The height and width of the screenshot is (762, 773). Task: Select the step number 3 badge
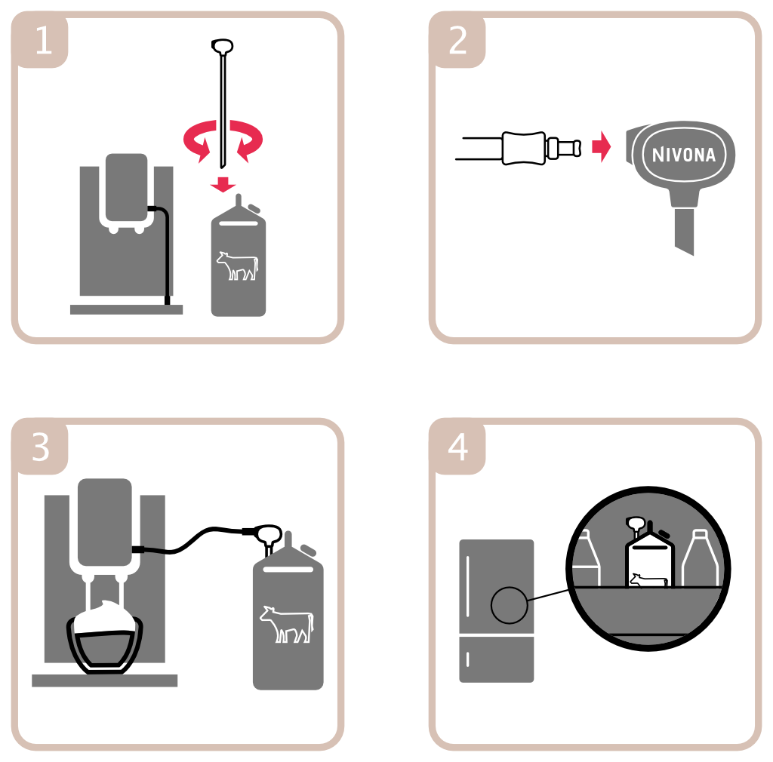(41, 447)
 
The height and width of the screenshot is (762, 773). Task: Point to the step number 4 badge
(458, 447)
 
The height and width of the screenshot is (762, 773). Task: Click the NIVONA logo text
(684, 155)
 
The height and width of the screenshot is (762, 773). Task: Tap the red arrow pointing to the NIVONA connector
(602, 146)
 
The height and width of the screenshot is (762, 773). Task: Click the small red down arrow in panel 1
(223, 184)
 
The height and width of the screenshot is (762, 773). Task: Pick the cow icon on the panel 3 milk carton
(287, 624)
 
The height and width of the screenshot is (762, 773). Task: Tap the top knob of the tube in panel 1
(223, 46)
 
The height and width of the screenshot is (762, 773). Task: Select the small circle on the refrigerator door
(510, 605)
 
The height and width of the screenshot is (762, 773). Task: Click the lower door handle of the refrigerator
(467, 659)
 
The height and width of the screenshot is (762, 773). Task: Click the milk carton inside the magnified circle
(649, 560)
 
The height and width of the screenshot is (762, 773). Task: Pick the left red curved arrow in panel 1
(199, 140)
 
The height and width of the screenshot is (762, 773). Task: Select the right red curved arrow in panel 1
(246, 140)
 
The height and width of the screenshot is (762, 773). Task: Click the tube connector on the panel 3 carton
(267, 536)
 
